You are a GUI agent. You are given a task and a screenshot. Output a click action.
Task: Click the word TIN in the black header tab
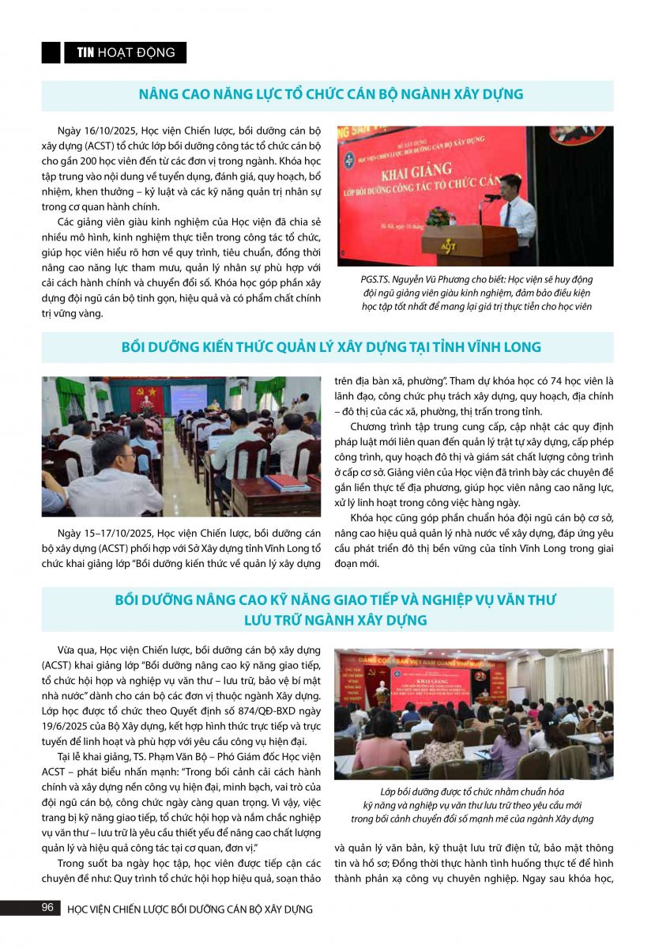[x=85, y=53]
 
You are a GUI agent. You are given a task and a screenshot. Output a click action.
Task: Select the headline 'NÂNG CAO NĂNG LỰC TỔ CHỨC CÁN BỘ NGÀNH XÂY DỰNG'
[x=330, y=94]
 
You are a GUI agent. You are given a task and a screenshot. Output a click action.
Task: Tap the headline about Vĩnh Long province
[x=331, y=347]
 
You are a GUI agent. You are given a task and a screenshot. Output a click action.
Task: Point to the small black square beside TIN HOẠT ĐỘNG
[x=51, y=53]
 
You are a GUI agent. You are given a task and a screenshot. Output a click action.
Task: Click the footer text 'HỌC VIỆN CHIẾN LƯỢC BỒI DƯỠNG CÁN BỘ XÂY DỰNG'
[x=190, y=909]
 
